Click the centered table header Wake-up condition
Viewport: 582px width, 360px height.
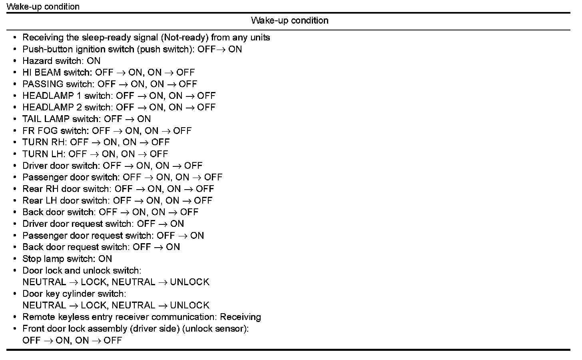(290, 20)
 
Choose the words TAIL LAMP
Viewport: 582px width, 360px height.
(46, 119)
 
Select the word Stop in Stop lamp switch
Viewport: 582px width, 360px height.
(31, 259)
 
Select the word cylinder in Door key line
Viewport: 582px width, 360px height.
(78, 294)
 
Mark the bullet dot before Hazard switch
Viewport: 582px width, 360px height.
(15, 61)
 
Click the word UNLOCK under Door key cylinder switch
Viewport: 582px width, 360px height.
(189, 306)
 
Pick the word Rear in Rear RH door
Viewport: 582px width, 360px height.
(32, 189)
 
